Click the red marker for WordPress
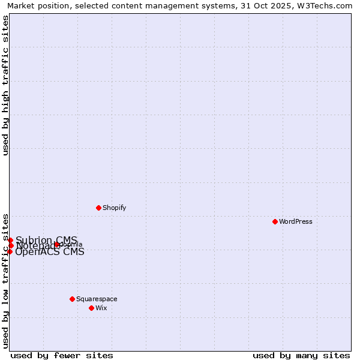(x=275, y=221)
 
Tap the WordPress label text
(x=296, y=221)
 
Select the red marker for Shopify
(x=98, y=208)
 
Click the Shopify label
(x=114, y=208)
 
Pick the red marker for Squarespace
(x=72, y=299)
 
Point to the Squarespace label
(x=97, y=299)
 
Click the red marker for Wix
(x=91, y=308)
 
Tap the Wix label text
(x=101, y=308)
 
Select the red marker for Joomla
(x=57, y=244)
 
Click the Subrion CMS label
(x=46, y=240)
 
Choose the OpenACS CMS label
(x=49, y=252)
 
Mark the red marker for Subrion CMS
(x=10, y=240)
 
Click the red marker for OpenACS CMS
(x=10, y=251)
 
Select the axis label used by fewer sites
(x=62, y=355)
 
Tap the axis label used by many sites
(x=301, y=355)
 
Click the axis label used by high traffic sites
(x=6, y=86)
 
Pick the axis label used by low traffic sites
(x=6, y=280)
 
